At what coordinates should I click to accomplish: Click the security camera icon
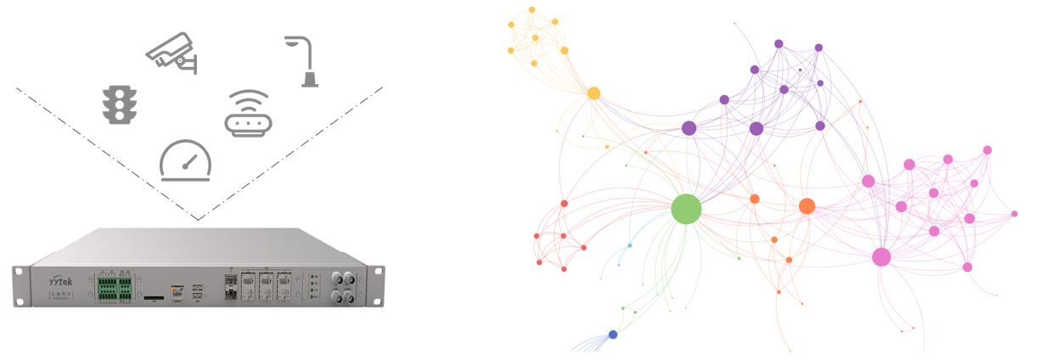coord(171,53)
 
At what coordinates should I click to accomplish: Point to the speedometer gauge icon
coord(186,160)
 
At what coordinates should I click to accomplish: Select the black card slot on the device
coord(155,298)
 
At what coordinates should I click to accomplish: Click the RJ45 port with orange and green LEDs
coord(177,290)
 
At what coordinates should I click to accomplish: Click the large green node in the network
coord(686,209)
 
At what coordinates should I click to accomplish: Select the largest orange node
coord(806,205)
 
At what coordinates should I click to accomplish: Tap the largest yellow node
coord(594,93)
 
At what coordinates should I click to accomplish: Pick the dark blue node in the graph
coord(613,335)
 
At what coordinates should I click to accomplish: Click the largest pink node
coord(881,256)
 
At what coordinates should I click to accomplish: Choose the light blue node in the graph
coord(629,245)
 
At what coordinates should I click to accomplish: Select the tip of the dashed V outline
coord(199,219)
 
